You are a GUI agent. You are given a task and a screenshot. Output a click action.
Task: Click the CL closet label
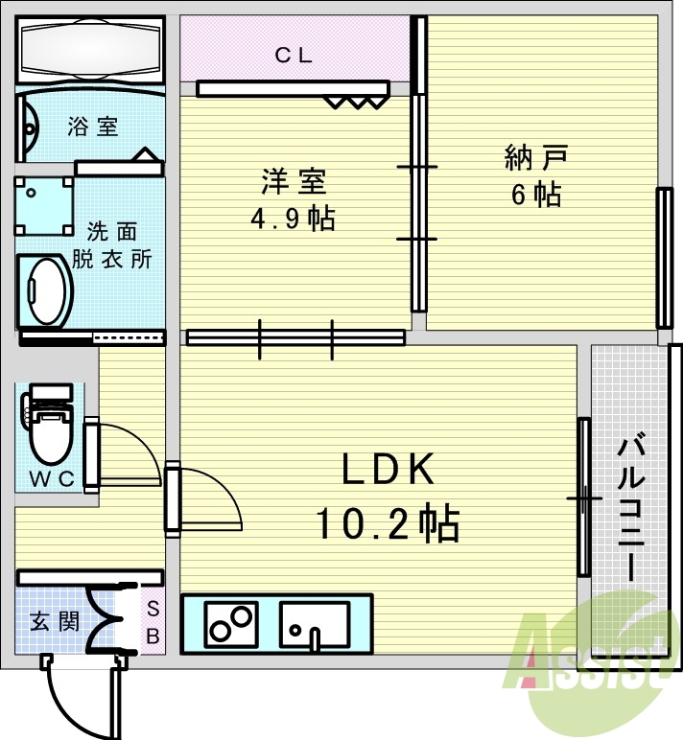[294, 55]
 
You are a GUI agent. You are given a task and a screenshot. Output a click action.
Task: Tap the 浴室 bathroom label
[93, 126]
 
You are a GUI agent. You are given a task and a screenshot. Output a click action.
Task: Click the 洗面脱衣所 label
[113, 245]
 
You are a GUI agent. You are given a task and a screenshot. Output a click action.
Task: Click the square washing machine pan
[43, 206]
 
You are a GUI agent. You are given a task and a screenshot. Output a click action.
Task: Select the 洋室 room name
[294, 181]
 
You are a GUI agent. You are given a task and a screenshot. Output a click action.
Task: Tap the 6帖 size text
[535, 195]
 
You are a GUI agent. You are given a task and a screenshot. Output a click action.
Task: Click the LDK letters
[390, 470]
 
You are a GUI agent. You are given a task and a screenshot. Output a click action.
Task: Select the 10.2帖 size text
[388, 523]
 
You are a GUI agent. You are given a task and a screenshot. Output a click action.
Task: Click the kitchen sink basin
[314, 624]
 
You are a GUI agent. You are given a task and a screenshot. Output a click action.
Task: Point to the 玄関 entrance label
[54, 622]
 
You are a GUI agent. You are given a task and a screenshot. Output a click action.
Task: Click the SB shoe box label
[153, 621]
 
